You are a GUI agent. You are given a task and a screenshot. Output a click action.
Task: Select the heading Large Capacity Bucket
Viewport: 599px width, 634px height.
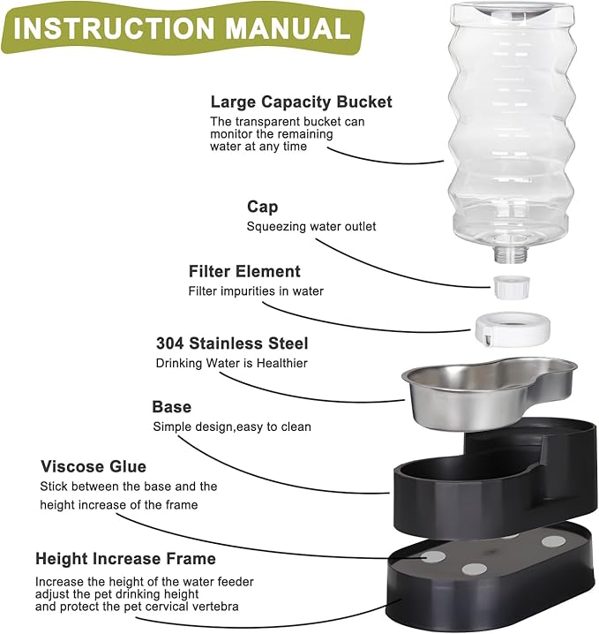(301, 102)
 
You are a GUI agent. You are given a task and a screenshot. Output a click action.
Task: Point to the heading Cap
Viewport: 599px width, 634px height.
(262, 207)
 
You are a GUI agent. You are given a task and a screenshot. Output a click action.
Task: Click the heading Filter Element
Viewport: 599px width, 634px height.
(244, 271)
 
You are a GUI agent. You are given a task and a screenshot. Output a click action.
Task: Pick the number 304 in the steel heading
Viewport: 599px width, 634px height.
(172, 343)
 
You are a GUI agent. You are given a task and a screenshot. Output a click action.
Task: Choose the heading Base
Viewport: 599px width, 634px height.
(171, 407)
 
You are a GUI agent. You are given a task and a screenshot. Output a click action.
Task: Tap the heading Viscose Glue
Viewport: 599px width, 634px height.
(94, 465)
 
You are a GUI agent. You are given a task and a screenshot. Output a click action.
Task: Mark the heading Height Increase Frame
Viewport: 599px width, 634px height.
(125, 559)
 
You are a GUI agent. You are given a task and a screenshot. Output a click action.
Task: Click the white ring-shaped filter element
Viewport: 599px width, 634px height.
(513, 328)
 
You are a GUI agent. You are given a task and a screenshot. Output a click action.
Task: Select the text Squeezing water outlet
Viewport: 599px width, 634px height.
(311, 227)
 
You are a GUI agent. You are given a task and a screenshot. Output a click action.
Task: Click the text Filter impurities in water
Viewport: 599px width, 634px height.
(256, 291)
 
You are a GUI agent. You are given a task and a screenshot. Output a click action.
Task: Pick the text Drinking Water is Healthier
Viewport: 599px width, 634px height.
(232, 363)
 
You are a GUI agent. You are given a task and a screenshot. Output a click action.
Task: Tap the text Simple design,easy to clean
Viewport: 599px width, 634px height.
(232, 427)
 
